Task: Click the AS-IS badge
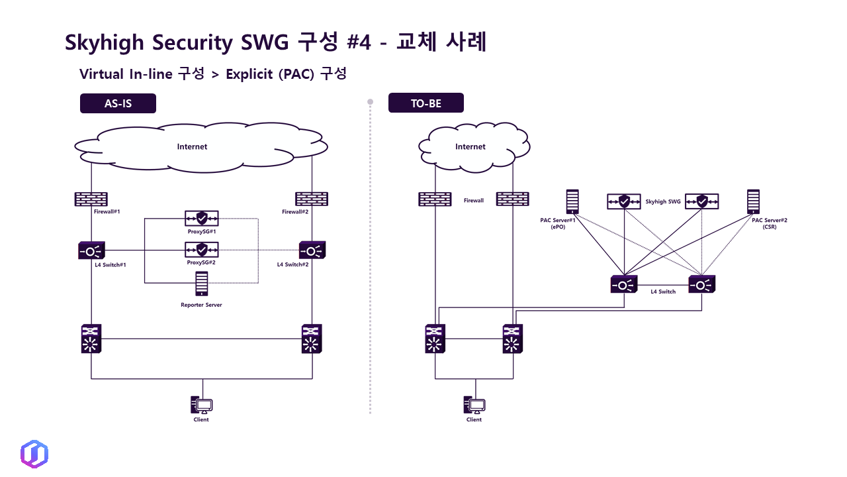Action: (x=118, y=103)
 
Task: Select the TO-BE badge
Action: (x=425, y=103)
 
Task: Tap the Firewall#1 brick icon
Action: (x=91, y=198)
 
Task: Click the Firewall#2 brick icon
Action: (x=312, y=198)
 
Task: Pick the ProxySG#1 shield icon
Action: (x=202, y=218)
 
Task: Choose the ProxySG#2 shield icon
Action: (x=202, y=250)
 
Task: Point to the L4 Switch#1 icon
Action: (x=91, y=250)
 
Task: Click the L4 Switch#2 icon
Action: (x=312, y=250)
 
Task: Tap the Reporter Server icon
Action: (x=202, y=284)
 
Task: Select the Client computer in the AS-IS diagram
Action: (x=202, y=405)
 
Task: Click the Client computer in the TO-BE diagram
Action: (x=474, y=405)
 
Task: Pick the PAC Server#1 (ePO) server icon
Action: (x=572, y=201)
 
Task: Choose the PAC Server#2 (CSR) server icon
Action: (x=753, y=201)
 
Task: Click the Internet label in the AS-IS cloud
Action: (x=192, y=146)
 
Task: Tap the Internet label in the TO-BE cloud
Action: (x=470, y=146)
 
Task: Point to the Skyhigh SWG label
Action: (x=662, y=201)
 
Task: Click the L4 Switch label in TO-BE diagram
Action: (x=662, y=291)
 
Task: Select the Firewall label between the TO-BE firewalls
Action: (x=474, y=200)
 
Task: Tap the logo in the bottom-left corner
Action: (x=34, y=454)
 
